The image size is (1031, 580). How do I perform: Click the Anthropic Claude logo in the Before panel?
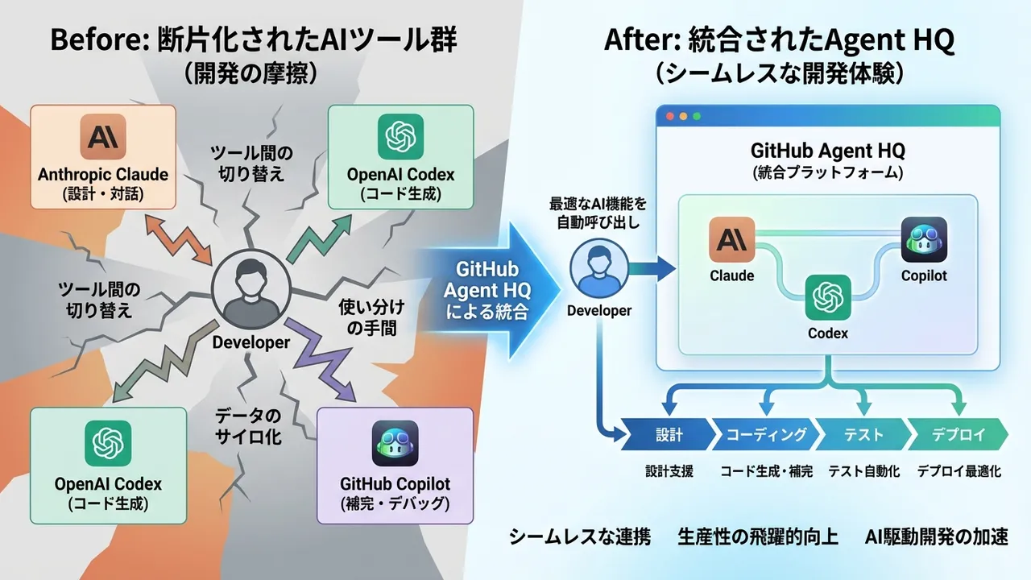pyautogui.click(x=104, y=138)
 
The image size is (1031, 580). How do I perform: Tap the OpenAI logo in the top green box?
pyautogui.click(x=400, y=138)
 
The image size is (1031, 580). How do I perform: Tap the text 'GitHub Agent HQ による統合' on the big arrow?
pyautogui.click(x=486, y=290)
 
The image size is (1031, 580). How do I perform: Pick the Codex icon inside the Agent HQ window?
pyautogui.click(x=829, y=297)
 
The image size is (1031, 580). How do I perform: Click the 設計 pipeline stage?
pyautogui.click(x=669, y=435)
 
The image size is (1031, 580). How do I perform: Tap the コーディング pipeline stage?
pyautogui.click(x=766, y=435)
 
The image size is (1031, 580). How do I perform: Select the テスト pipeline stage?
pyautogui.click(x=863, y=435)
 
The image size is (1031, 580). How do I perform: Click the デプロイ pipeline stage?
pyautogui.click(x=958, y=435)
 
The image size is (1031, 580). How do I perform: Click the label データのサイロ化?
pyautogui.click(x=248, y=427)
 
